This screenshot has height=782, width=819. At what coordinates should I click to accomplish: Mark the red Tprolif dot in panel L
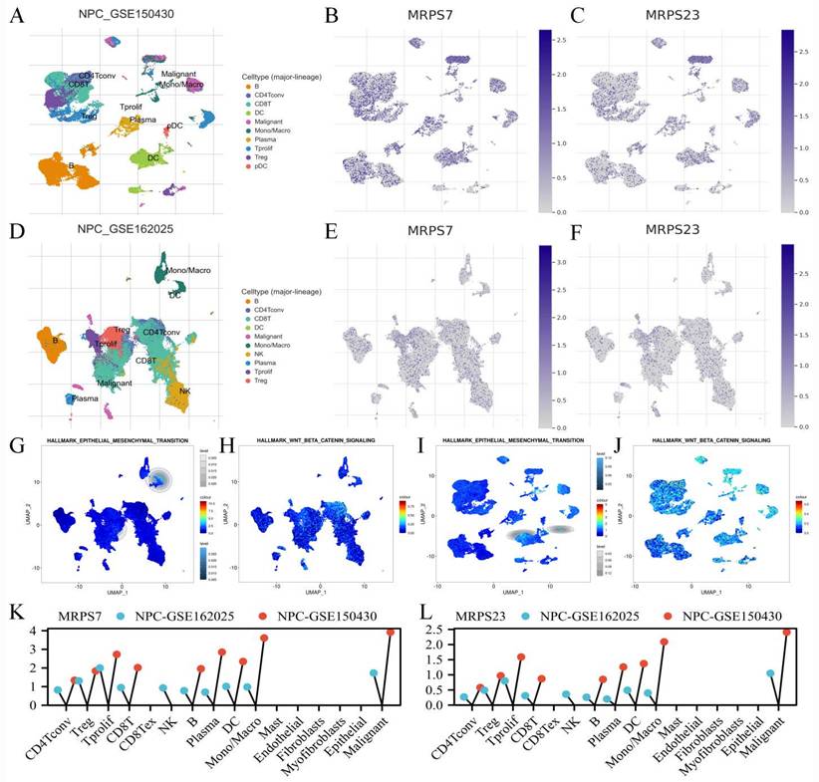(x=520, y=657)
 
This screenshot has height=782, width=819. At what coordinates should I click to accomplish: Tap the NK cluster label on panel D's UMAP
(x=184, y=391)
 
